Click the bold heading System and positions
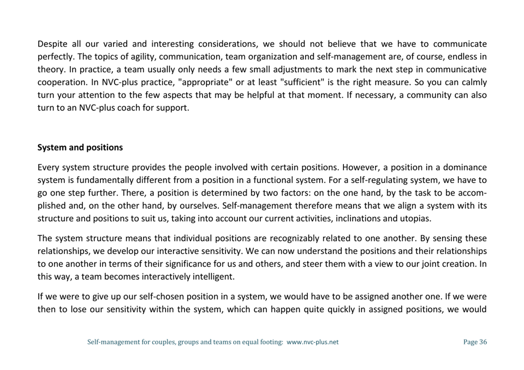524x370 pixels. pyautogui.click(x=80, y=148)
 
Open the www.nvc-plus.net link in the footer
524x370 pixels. pyautogui.click(x=312, y=342)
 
